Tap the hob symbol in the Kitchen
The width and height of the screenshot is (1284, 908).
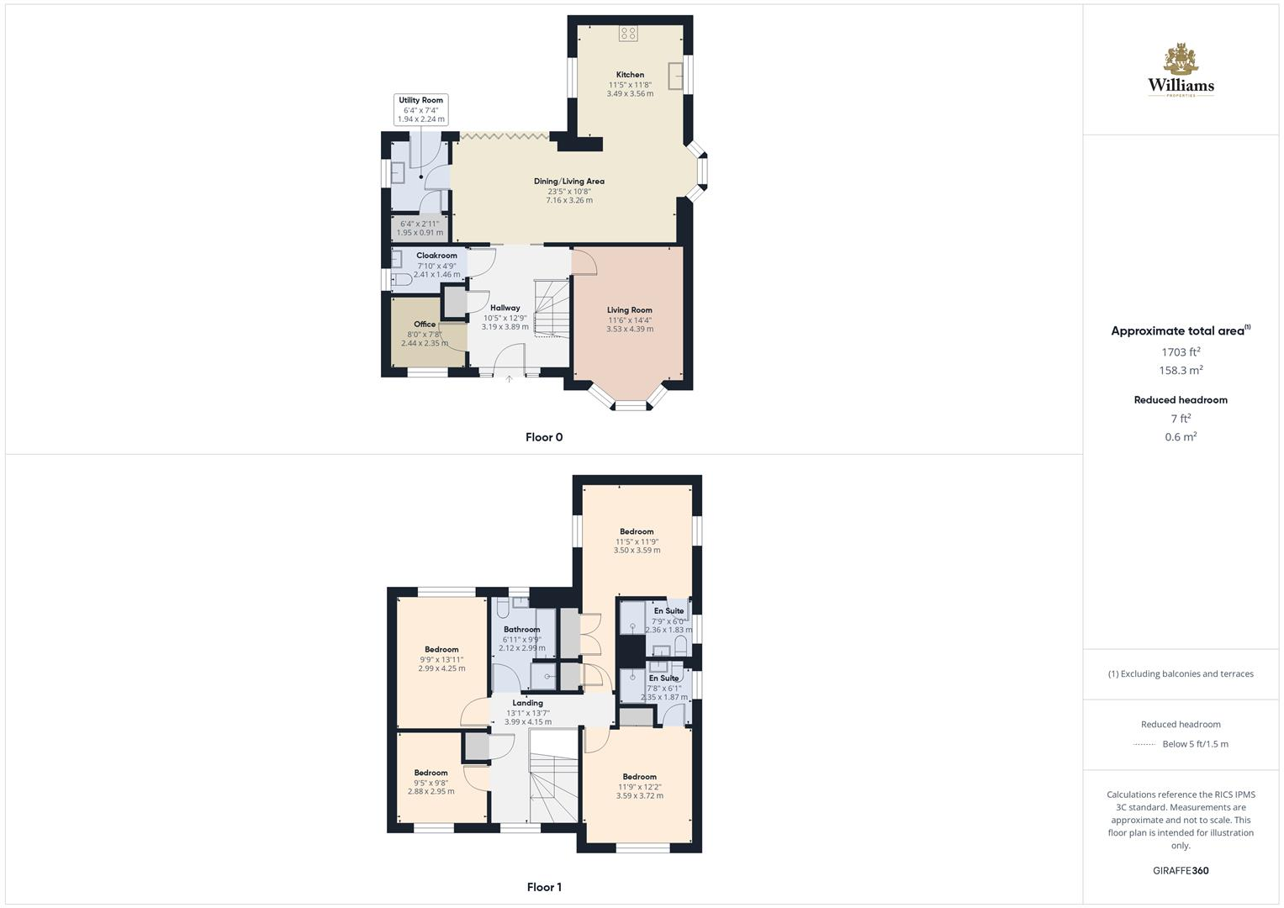628,34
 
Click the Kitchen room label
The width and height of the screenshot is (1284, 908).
630,75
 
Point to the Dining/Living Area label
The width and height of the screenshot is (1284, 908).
569,181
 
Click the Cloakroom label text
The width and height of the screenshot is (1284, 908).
436,256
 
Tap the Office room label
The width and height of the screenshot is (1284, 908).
425,325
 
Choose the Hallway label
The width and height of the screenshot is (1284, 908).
505,308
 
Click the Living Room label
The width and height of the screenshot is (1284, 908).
630,310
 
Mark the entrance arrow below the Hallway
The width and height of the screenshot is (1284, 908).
509,379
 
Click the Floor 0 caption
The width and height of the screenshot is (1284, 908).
544,437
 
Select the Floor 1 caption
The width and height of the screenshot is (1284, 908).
544,887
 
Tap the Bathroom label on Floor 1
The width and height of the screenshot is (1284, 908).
522,630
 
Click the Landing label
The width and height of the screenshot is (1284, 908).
528,703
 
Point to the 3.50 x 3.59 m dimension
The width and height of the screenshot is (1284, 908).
637,551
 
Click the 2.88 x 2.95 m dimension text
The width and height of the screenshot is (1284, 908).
431,791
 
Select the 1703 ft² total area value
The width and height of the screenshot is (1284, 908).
1181,352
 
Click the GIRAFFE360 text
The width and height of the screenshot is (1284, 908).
1181,871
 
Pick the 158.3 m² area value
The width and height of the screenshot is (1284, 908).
1181,371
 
